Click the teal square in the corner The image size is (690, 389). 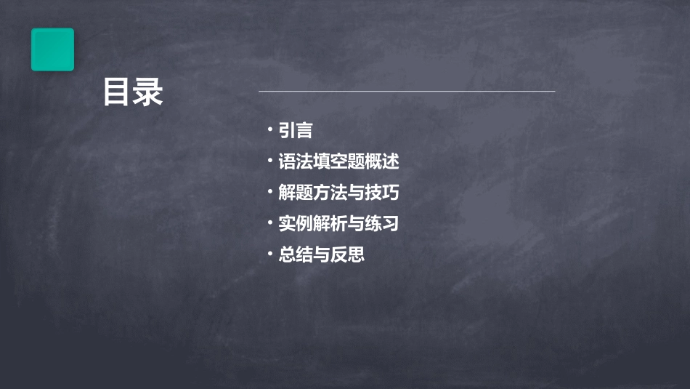[52, 49]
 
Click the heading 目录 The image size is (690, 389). [133, 92]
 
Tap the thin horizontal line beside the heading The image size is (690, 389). [407, 92]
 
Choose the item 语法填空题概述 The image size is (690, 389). [338, 161]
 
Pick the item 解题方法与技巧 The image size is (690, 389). [338, 193]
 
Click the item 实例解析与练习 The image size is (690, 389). [338, 224]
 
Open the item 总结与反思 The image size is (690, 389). [321, 255]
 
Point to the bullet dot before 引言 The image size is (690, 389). [269, 129]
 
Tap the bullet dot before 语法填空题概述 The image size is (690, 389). [269, 161]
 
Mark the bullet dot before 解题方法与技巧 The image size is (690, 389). [269, 192]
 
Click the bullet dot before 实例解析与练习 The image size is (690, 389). [269, 223]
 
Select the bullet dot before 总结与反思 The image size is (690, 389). [269, 254]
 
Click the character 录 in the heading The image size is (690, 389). [149, 92]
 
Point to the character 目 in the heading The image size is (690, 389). [117, 92]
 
